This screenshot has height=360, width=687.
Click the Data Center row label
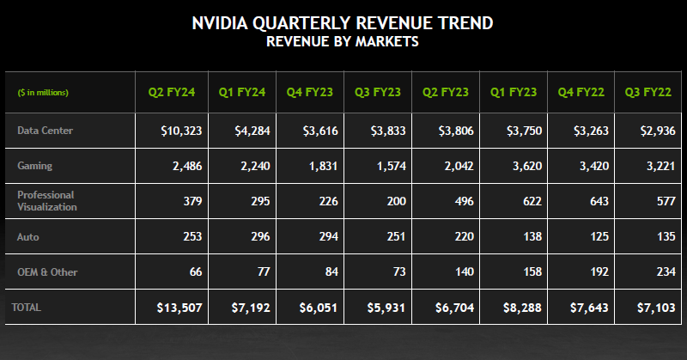45,131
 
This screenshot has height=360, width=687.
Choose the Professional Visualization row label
46,200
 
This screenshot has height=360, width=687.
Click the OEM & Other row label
47,272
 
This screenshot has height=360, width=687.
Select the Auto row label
28,236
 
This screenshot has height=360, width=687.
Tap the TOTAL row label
27,307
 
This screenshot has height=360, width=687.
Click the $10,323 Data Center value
181,131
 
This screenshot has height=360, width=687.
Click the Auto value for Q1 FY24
258,236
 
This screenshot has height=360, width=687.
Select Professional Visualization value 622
532,200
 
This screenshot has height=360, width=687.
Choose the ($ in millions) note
43,92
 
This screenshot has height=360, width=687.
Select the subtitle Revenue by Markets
343,41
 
